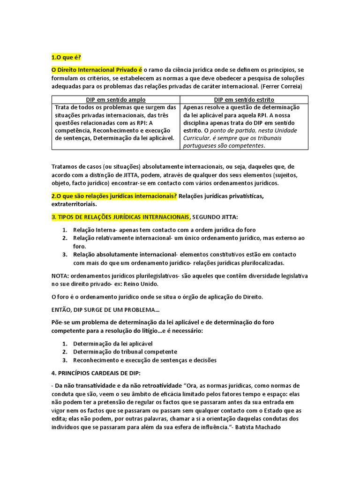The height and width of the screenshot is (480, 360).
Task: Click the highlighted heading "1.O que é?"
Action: click(66, 57)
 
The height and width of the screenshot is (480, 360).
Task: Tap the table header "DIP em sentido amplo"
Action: click(116, 100)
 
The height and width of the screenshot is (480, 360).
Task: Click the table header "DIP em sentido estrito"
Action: click(244, 100)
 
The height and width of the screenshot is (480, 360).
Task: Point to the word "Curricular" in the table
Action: click(198, 138)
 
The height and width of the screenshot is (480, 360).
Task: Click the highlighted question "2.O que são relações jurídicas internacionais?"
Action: click(114, 195)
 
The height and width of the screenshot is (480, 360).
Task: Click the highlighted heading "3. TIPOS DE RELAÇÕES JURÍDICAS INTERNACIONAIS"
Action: click(120, 217)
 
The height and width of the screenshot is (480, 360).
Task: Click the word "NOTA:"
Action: click(60, 276)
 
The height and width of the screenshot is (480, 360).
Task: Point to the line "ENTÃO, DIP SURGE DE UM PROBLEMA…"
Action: click(105, 310)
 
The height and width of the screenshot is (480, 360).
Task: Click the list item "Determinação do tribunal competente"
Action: click(125, 352)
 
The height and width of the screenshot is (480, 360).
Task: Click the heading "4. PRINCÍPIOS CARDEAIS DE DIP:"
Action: click(96, 373)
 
